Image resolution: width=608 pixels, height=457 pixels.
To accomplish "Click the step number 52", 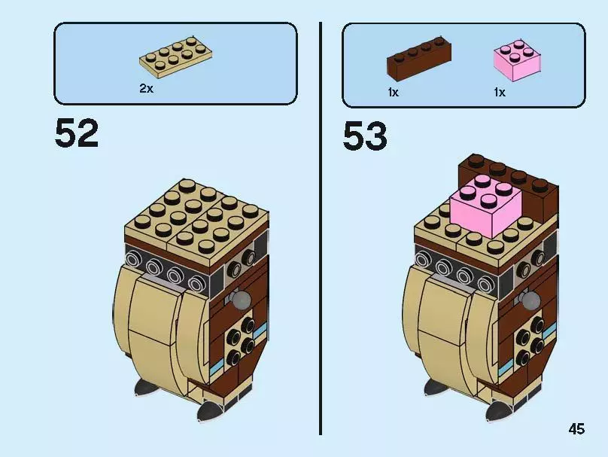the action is point(77,133).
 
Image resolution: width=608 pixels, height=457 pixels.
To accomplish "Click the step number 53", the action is point(365,136).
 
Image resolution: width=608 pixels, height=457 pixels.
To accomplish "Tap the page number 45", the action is point(576,429).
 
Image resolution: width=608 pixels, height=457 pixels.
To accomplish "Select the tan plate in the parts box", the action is point(175,56).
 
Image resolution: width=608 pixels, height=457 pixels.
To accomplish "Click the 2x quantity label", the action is point(146,88).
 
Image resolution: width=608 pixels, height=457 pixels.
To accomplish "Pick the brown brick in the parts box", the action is point(419,58).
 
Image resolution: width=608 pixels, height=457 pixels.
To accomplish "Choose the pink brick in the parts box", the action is point(517,60).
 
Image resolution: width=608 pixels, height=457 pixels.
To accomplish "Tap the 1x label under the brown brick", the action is point(393,93).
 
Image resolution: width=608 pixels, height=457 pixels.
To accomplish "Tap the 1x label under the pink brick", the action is point(500,93).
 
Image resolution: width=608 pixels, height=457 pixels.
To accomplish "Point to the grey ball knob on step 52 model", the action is point(239,299).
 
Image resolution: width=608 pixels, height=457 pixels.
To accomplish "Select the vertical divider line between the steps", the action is point(321,229).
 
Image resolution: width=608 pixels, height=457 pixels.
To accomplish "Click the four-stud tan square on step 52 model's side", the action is point(239,337).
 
